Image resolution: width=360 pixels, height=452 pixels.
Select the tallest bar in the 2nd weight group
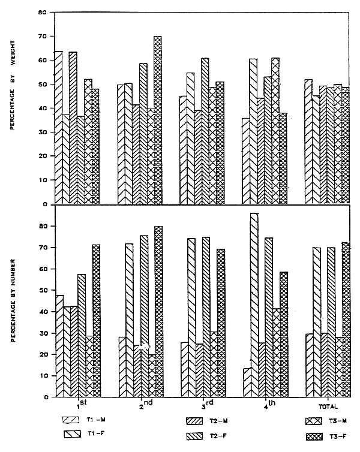[x=158, y=120]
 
